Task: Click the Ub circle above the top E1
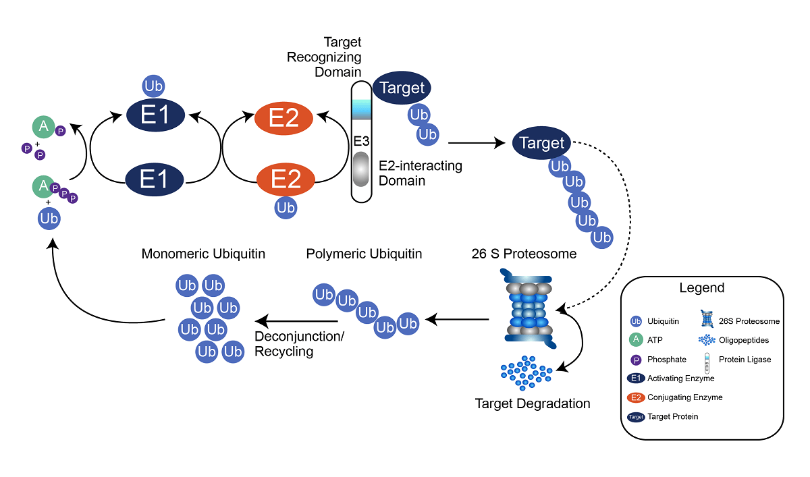pos(155,87)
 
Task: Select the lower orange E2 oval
pos(286,180)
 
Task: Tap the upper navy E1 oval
pos(156,116)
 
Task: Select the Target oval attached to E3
pos(402,88)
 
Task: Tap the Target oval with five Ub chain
pos(542,143)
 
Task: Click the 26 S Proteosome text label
pos(524,254)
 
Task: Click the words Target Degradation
pos(533,404)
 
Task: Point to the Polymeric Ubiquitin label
pos(364,254)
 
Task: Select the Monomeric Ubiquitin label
pos(203,254)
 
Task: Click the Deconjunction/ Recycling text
pos(299,343)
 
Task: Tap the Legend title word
pos(702,288)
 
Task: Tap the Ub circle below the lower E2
pos(286,208)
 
